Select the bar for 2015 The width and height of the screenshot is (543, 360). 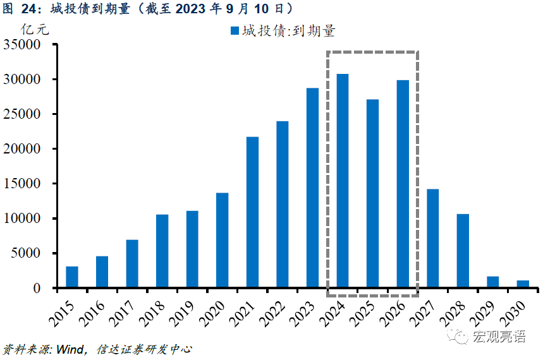pos(72,277)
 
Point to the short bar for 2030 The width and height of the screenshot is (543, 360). pos(523,284)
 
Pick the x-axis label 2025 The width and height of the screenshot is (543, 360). pos(365,309)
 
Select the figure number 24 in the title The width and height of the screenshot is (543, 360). pos(30,8)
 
